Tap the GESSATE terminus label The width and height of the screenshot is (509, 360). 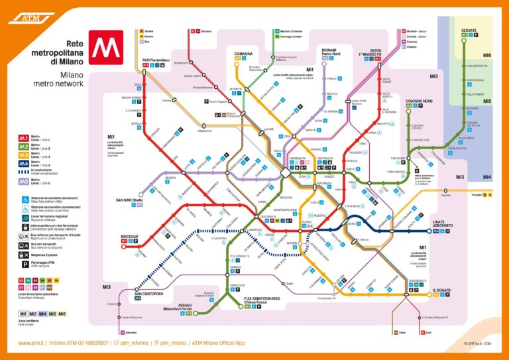click(x=469, y=30)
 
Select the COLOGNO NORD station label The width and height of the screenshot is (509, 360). click(x=418, y=101)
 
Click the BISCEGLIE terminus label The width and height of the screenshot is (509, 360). click(x=130, y=236)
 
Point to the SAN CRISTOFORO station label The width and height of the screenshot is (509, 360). click(x=149, y=292)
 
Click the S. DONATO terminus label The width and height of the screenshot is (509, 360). click(x=441, y=290)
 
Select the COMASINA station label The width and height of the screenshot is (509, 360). click(x=243, y=54)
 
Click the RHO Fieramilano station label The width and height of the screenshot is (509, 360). click(x=156, y=60)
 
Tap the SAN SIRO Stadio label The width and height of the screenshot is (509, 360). click(x=129, y=200)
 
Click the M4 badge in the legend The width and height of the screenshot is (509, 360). click(x=23, y=162)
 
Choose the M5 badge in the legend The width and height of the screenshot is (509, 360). click(x=23, y=181)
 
